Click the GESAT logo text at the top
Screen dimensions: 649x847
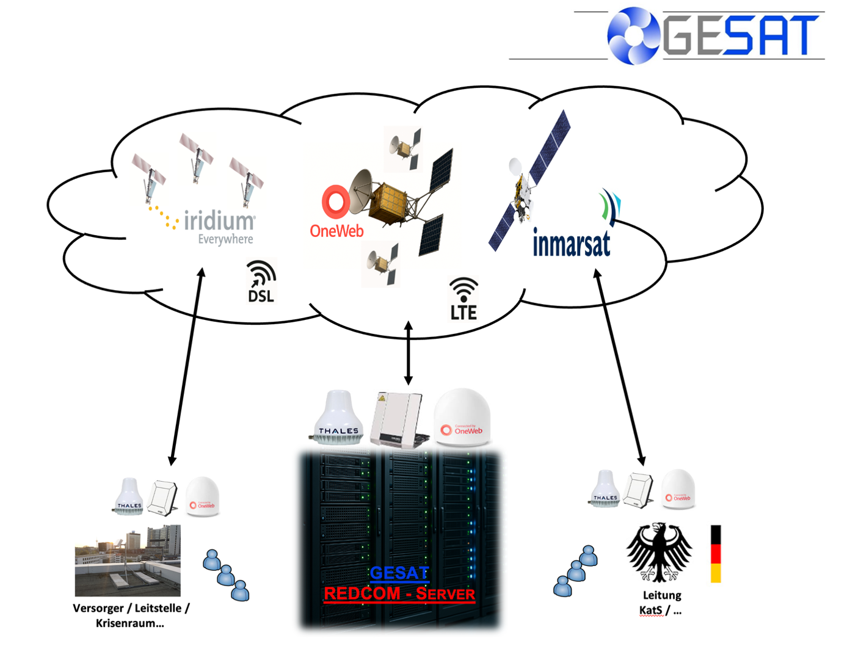[x=740, y=35]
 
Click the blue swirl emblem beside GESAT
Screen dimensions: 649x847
[x=634, y=35]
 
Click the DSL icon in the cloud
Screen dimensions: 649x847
[x=261, y=282]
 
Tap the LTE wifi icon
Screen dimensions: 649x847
[x=463, y=299]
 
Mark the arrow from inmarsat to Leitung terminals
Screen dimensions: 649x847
[x=619, y=366]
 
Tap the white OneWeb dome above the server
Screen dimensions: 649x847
[x=462, y=418]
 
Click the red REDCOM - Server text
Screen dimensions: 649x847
[x=399, y=593]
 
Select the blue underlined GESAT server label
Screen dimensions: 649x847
[x=399, y=573]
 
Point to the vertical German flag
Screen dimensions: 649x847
[x=715, y=553]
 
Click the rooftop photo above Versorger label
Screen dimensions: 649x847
[x=128, y=560]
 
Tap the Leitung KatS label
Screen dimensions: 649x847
[x=661, y=603]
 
